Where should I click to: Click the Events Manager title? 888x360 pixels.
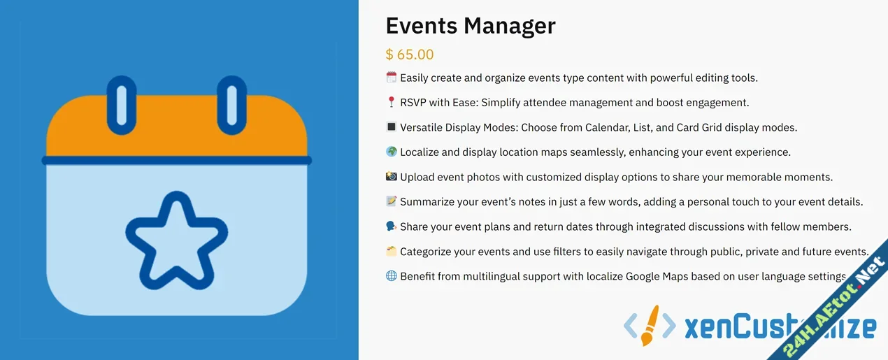tap(470, 26)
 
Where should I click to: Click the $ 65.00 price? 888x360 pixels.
tap(409, 55)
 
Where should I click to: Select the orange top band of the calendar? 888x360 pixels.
tap(176, 129)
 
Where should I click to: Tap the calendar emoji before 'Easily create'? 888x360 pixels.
tap(391, 78)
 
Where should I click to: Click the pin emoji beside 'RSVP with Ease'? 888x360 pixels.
tap(391, 103)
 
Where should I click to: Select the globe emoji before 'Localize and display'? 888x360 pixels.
tap(391, 152)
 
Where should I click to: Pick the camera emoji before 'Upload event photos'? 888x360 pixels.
tap(391, 177)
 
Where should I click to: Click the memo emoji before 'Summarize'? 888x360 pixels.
tap(391, 201)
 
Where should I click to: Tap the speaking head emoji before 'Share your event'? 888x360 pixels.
tap(391, 226)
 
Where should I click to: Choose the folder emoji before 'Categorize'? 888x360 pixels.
tap(391, 251)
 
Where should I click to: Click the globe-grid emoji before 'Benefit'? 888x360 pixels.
tap(391, 276)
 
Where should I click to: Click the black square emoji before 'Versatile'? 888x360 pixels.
tap(391, 127)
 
